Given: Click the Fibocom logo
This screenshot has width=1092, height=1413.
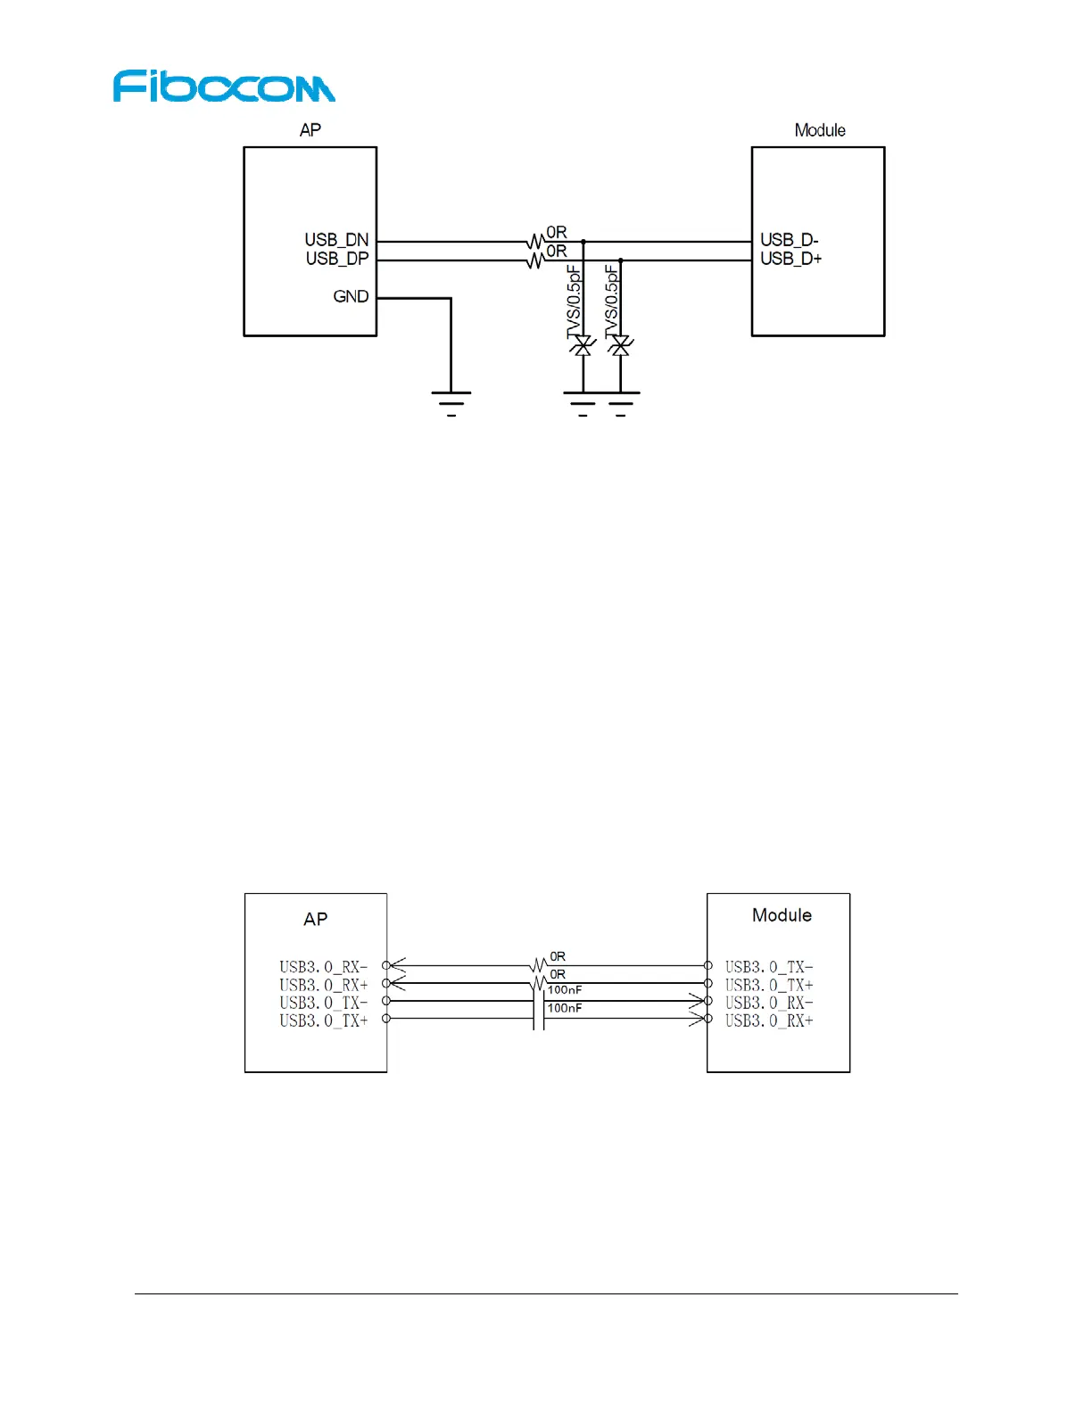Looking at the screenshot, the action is coord(224,87).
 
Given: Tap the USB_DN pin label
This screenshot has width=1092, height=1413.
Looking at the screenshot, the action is coord(336,240).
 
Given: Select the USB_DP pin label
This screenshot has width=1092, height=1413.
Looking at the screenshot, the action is coord(336,259).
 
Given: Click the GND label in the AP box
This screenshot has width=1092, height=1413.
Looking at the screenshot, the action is coord(351,296).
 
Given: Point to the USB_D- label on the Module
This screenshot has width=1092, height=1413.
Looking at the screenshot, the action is coord(789,240).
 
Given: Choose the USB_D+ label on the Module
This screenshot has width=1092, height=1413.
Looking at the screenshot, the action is coord(790,259).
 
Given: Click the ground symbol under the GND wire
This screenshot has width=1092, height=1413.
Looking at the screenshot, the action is coord(451,402).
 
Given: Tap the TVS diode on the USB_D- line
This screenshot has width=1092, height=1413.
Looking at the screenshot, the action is coord(583,346).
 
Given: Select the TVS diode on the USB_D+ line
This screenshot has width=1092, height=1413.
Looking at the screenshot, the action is coord(621,346).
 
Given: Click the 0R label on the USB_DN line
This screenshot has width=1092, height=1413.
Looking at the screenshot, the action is coord(557,233).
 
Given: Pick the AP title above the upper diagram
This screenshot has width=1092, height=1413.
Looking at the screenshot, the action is coord(310,130).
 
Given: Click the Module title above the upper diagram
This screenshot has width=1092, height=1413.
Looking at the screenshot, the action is coord(820,130).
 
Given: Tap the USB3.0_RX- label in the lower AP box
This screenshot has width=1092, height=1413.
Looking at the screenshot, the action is coord(323,967).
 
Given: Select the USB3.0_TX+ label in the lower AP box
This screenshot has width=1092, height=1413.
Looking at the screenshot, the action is coord(323,1020).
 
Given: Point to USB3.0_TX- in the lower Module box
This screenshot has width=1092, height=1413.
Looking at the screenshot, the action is coord(769,967).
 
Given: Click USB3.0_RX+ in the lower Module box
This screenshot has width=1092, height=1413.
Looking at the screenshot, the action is coord(769,1020).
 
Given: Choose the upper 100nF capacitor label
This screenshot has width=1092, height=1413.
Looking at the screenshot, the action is coord(565,990).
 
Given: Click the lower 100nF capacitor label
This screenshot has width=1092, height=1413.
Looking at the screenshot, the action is coord(565,1008).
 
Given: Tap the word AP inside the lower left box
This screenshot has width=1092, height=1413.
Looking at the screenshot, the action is coord(316,920).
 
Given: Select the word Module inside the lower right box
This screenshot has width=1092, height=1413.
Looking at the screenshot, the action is coord(782,915).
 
